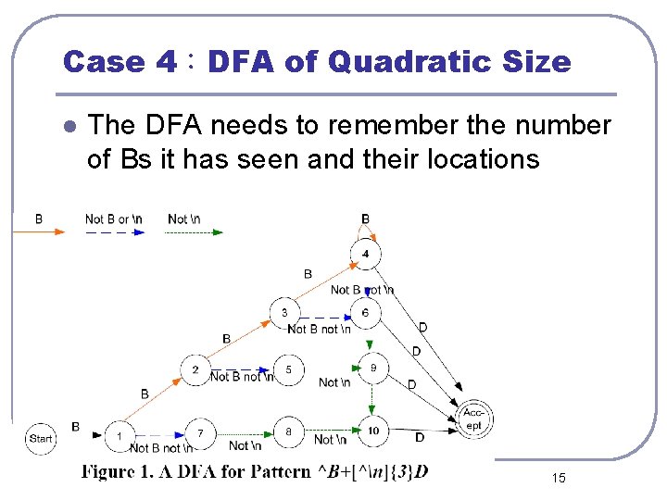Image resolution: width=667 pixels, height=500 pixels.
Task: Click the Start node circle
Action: [x=42, y=437]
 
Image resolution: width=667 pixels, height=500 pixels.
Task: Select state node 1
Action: [x=119, y=434]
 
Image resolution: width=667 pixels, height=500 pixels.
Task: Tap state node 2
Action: [x=195, y=370]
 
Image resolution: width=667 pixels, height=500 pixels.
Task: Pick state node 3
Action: [x=284, y=313]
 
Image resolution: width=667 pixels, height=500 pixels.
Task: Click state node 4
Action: [x=366, y=254]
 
